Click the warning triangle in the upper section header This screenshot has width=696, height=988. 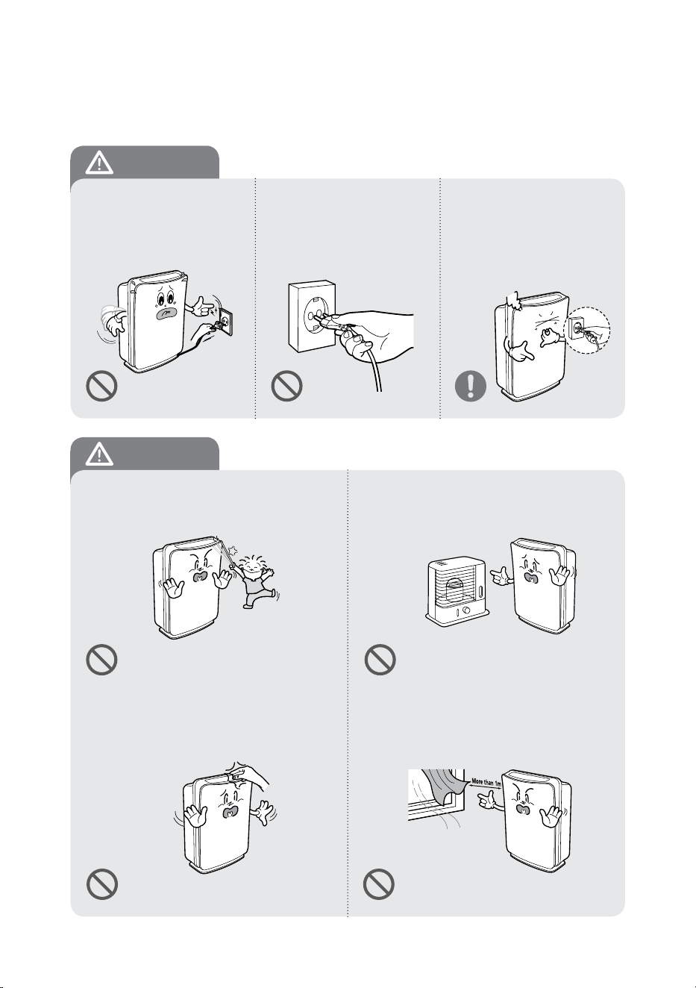point(100,163)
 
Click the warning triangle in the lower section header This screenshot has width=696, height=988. point(100,454)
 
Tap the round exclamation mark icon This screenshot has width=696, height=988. point(471,386)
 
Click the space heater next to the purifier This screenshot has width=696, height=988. point(457,590)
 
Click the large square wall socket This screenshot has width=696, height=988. point(312,316)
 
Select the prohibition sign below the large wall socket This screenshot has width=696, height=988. point(286,386)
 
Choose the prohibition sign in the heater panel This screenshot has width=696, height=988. point(380,660)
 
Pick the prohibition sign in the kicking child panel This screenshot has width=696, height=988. point(102,660)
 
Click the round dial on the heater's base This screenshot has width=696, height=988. point(467,611)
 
